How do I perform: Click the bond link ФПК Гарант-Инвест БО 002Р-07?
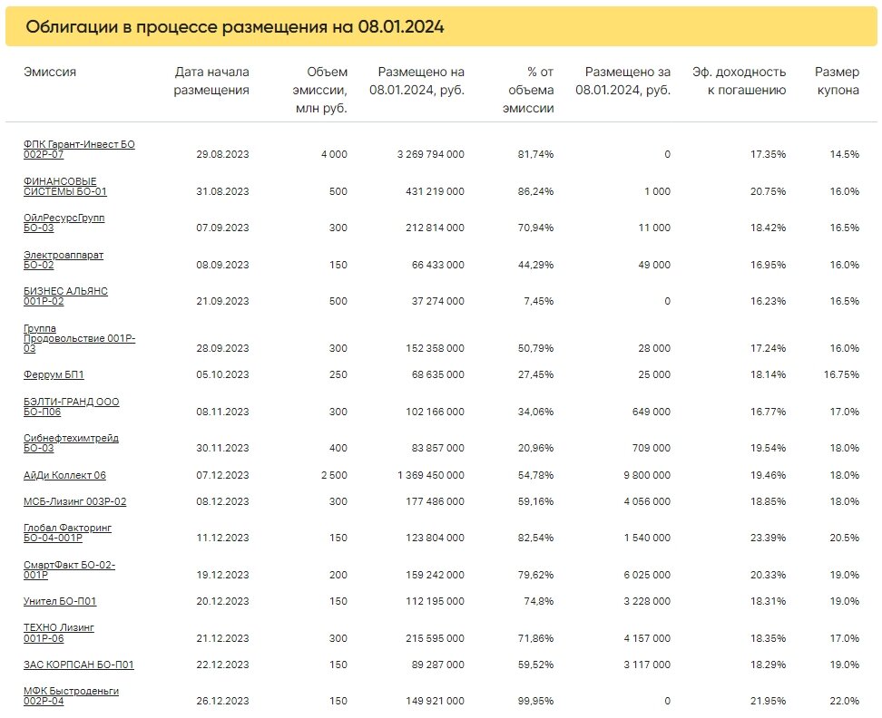79,150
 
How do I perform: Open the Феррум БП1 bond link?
54,374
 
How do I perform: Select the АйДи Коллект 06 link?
64,475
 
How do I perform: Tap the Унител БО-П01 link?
60,601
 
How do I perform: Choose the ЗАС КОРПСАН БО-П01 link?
79,665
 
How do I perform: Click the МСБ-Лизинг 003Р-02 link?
74,501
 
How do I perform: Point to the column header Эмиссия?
50,72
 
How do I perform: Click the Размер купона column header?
837,81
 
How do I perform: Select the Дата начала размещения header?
211,81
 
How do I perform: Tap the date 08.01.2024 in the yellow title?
401,26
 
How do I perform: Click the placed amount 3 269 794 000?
431,154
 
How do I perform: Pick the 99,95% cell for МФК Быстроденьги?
535,701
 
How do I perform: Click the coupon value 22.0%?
844,701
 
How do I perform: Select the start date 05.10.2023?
222,374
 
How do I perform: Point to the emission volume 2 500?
334,475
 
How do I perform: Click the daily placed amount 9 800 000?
647,475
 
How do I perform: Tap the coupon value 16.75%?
841,374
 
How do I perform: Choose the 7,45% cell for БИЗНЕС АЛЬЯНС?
539,302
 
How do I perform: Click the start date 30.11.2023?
222,449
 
